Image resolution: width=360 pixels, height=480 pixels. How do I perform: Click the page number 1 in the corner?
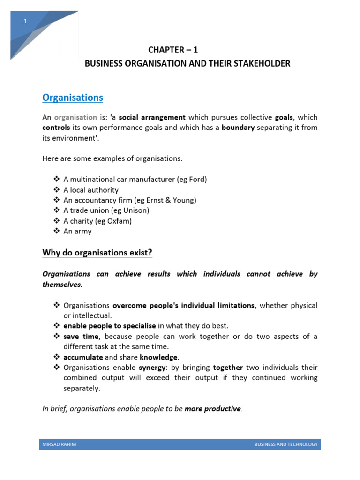click(x=25, y=22)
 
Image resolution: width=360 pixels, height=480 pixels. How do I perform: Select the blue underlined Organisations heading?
click(x=73, y=97)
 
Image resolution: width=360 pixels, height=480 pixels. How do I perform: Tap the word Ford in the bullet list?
click(x=196, y=180)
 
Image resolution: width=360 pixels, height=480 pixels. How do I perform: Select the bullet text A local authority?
click(x=91, y=190)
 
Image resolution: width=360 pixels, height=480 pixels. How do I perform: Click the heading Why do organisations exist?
click(x=97, y=253)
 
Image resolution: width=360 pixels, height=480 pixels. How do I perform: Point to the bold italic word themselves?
click(x=62, y=285)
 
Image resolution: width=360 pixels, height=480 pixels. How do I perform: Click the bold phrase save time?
click(x=81, y=337)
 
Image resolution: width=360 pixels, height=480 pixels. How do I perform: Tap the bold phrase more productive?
click(x=212, y=409)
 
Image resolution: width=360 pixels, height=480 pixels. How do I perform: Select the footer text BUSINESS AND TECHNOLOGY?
click(x=286, y=444)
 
